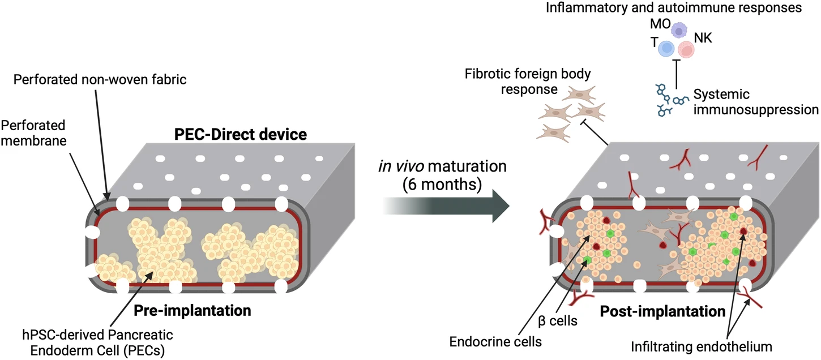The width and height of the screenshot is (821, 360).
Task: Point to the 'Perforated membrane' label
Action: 35,132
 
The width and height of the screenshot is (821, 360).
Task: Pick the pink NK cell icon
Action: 686,50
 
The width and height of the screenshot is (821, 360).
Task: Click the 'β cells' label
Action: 557,321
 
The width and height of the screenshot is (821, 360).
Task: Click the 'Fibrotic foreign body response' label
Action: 519,82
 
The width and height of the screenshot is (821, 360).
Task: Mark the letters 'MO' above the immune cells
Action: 660,25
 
